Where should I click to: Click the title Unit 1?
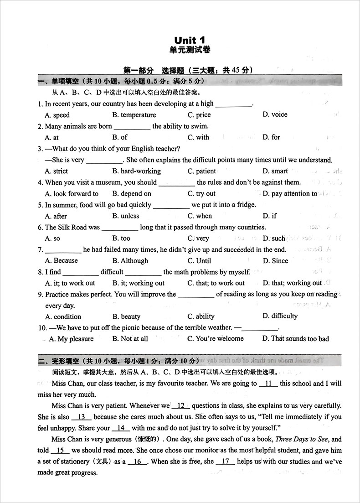[190, 41]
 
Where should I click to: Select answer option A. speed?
[57, 115]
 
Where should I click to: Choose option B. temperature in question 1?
[134, 115]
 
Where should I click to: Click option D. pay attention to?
[290, 193]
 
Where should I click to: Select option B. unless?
[126, 216]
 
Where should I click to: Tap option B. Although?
[130, 260]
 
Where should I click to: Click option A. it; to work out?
[70, 283]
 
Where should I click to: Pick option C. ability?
[201, 316]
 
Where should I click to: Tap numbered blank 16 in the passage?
[137, 462]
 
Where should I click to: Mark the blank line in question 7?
[63, 250]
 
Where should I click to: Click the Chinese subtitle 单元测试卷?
[189, 50]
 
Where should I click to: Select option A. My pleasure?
[71, 339]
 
